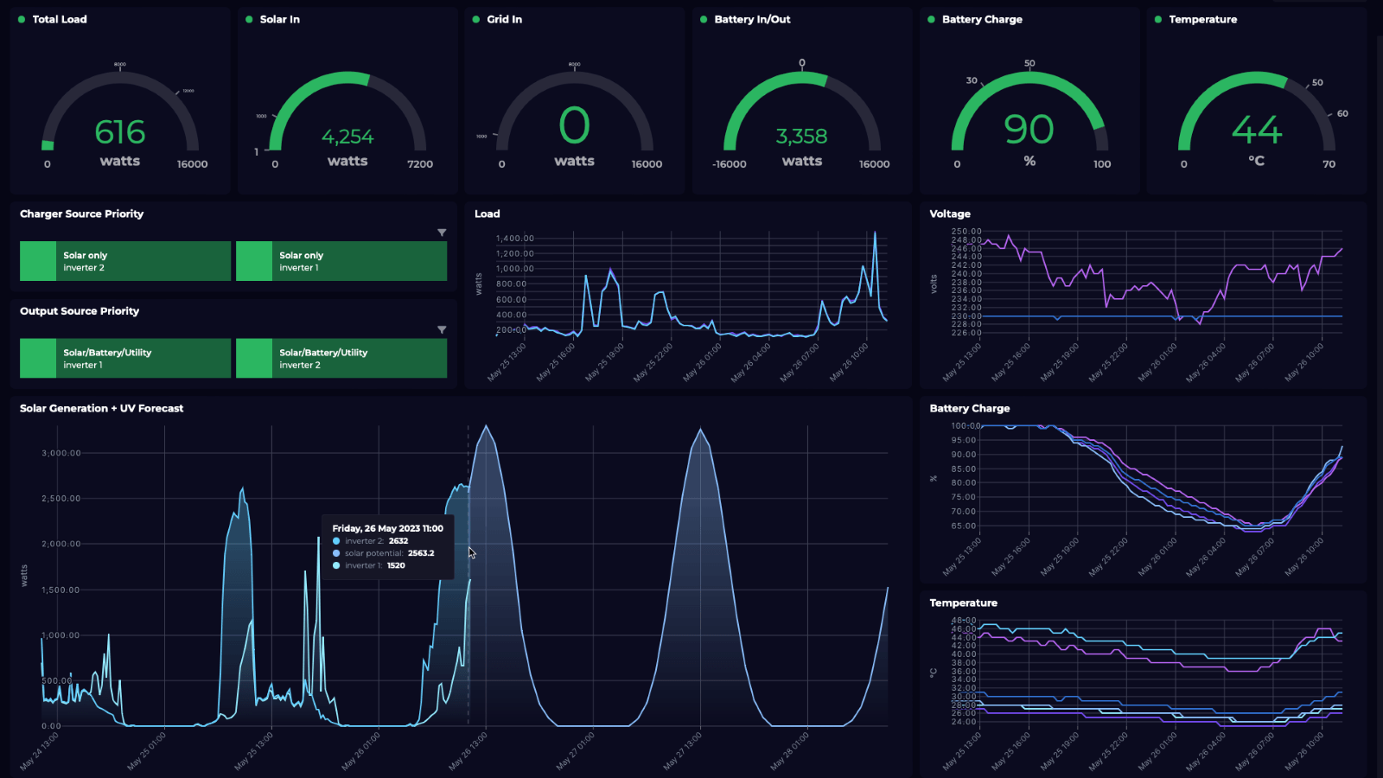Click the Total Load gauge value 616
tap(120, 132)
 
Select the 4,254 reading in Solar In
tap(347, 137)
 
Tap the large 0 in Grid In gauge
tap(574, 126)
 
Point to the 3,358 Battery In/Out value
tap(801, 137)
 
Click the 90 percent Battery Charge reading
tap(1029, 130)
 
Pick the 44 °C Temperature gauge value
tap(1256, 131)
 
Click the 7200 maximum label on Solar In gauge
tap(420, 164)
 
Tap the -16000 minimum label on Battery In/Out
tap(729, 164)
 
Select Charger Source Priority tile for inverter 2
tap(125, 261)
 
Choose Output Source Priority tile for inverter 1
tap(125, 358)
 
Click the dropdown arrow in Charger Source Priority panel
tap(442, 233)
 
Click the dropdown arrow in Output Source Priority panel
tap(442, 329)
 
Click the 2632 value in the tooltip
tap(398, 541)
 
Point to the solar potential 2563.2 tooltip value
tap(421, 553)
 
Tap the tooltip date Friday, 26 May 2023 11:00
tap(387, 528)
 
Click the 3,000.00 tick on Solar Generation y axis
tap(61, 453)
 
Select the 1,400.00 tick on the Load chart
tap(515, 239)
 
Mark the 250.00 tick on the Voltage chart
tap(966, 232)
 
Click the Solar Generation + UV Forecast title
tap(101, 408)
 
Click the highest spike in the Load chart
tap(875, 233)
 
